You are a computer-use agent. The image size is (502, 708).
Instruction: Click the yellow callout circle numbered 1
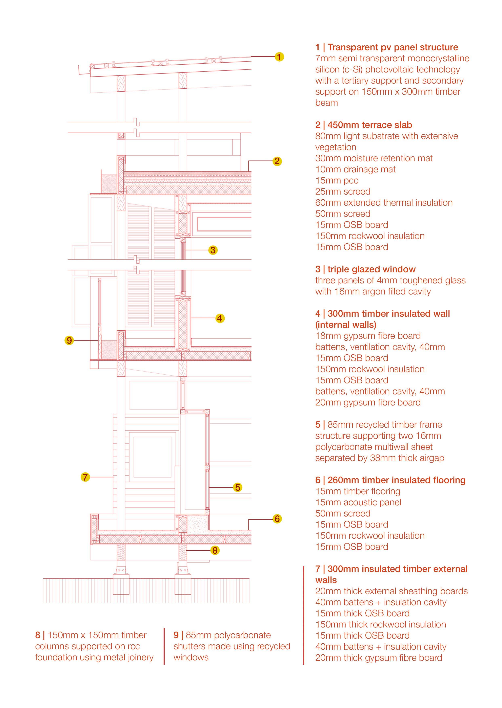point(279,57)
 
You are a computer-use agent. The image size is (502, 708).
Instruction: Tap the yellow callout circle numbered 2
point(277,161)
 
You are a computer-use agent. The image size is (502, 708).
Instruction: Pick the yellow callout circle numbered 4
point(219,318)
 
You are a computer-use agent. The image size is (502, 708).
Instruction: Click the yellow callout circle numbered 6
point(277,518)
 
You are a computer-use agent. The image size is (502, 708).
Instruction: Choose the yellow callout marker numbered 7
point(85,477)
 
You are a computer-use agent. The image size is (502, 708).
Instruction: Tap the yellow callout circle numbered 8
point(215,550)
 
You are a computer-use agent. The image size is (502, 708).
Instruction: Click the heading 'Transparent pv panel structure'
point(393,47)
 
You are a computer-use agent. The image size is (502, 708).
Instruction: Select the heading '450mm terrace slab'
point(370,125)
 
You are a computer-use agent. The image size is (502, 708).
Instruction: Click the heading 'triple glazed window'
point(372,269)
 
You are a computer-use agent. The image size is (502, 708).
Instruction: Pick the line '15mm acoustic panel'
point(358,502)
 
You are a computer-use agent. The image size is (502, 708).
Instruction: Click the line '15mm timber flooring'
point(358,491)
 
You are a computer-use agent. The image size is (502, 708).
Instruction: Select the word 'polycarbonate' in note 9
point(242,635)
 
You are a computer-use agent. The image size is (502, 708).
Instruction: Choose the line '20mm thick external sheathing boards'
point(391,591)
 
